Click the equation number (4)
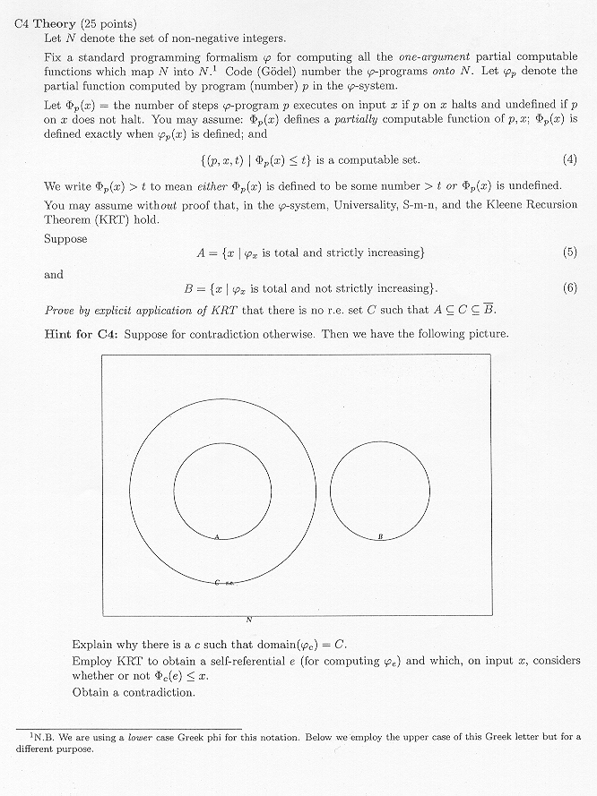[569, 160]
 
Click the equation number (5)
[569, 252]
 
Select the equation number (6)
[569, 288]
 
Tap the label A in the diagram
[218, 536]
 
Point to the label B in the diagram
[380, 536]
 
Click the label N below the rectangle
[249, 620]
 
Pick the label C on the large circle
[218, 583]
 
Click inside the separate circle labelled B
[380, 490]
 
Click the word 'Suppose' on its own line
[65, 239]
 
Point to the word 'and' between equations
[54, 275]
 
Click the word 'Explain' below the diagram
[92, 644]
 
